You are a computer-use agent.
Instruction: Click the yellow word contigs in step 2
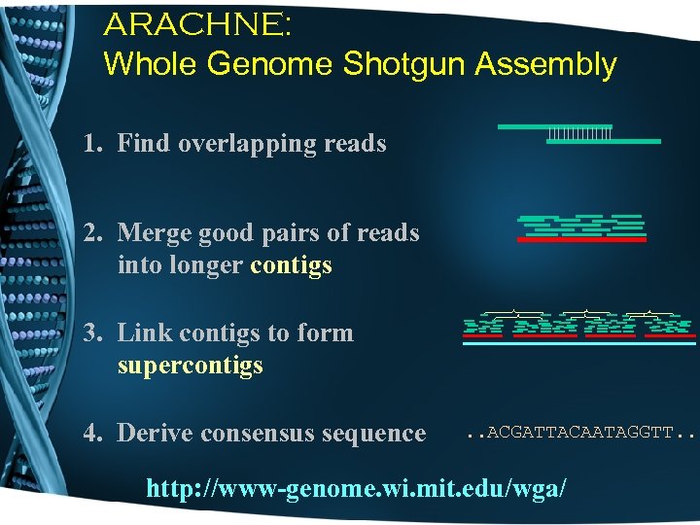(292, 265)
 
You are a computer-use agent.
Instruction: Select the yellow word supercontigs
(190, 366)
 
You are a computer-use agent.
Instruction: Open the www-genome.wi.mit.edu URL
(355, 488)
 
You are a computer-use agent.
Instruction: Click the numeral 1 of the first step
(90, 144)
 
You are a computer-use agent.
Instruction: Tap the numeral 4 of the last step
(90, 434)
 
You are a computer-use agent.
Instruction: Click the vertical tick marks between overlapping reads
(579, 133)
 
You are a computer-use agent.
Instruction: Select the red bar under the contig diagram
(581, 239)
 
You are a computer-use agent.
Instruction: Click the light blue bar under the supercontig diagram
(579, 343)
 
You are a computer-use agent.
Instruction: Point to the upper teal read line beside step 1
(554, 126)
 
